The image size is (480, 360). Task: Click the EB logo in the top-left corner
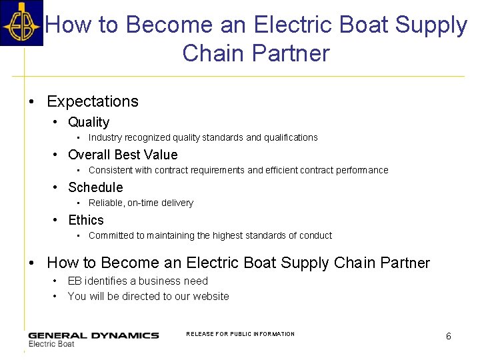(21, 23)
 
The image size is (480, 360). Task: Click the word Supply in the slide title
(431, 25)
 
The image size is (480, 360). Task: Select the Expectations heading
(93, 102)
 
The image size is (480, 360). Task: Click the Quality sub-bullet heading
(89, 122)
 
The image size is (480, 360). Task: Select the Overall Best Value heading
(123, 155)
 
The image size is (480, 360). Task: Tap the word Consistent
(110, 171)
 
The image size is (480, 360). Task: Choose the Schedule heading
(95, 187)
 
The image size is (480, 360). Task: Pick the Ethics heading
(86, 220)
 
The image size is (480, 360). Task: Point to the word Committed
(111, 236)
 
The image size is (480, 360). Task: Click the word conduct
(315, 236)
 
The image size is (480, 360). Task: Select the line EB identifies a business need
(137, 281)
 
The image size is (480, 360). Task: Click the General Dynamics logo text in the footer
(93, 335)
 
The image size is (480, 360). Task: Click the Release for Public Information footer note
(240, 334)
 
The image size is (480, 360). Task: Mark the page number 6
(448, 337)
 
